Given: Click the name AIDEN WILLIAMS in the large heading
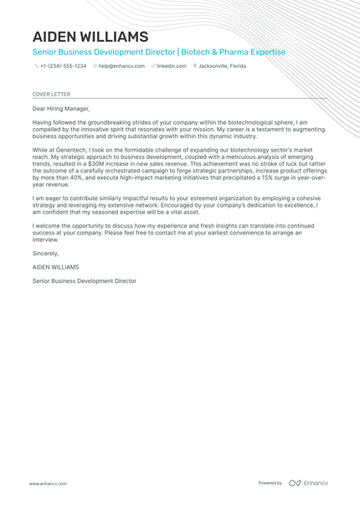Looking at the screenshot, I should pos(90,37).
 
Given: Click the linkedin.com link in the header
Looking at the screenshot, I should pos(172,65).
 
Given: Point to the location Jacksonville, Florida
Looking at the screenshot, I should pos(222,65).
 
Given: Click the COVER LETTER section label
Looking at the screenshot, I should pos(49,95).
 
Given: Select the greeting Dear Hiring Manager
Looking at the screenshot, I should pos(60,108).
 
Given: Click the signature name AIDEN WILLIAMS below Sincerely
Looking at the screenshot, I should pos(56,266).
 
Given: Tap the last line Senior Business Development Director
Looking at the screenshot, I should pos(84,280).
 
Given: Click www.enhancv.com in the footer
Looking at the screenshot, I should pos(48,483).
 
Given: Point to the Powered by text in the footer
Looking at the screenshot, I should pos(270,483).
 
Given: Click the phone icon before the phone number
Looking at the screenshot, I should pos(36,65).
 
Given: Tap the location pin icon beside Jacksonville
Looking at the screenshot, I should pos(194,65).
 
